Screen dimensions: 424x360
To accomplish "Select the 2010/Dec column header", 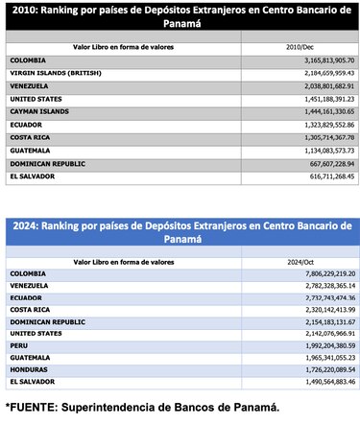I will point(300,45).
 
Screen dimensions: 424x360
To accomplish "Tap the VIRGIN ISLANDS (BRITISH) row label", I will point(58,72).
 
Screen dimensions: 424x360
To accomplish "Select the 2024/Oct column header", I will point(300,261).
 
